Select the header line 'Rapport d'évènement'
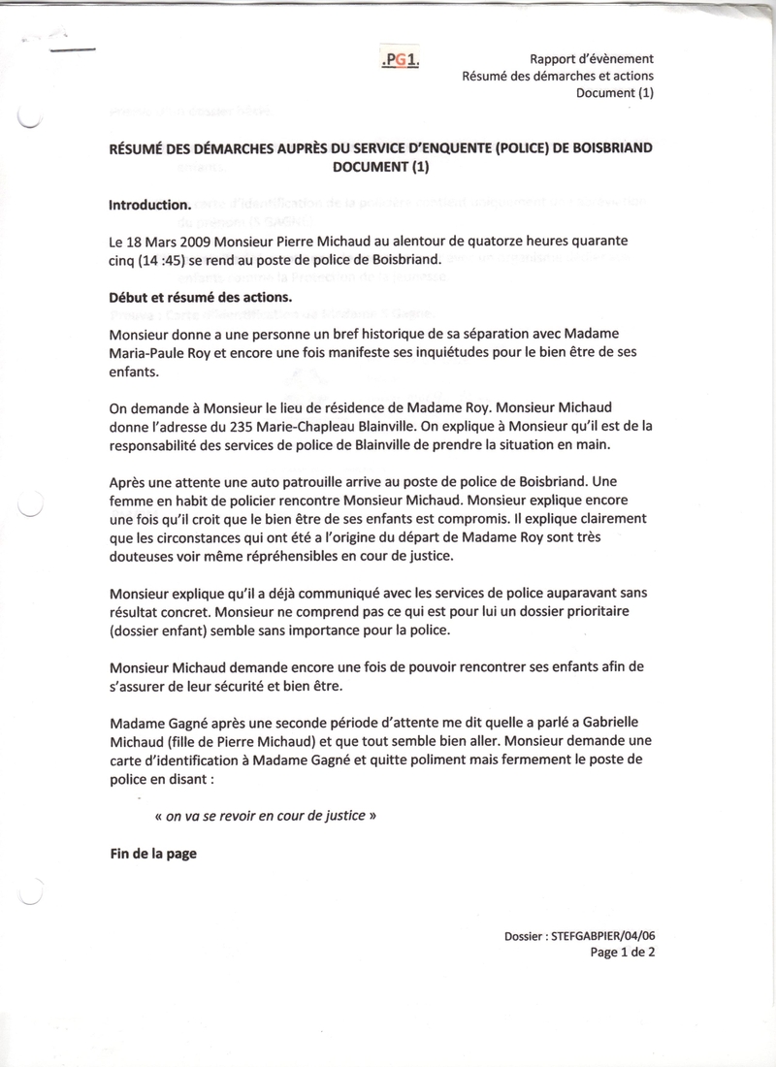592,59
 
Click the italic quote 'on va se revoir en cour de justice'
267,816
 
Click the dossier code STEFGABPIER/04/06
610,936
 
